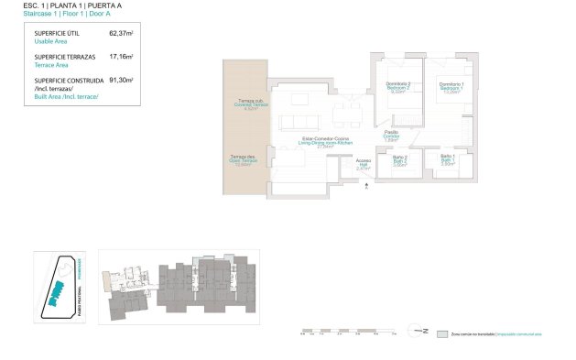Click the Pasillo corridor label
pos(390,136)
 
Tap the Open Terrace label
pos(243,160)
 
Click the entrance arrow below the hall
pos(366,185)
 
